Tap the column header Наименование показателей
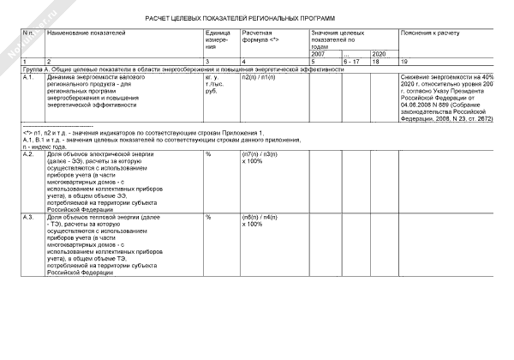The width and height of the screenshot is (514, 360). point(86,32)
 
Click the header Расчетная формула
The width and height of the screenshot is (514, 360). point(261,36)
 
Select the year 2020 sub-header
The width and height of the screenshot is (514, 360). point(379,54)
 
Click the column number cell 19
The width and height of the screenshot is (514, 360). point(405,62)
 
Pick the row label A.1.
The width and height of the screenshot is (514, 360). point(28,77)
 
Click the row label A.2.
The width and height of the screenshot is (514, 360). point(28,153)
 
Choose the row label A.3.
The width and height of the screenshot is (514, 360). point(28,218)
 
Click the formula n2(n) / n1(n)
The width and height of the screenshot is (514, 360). point(259,77)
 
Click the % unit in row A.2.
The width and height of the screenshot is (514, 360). point(208,153)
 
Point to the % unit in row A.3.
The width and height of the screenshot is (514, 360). point(208,218)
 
